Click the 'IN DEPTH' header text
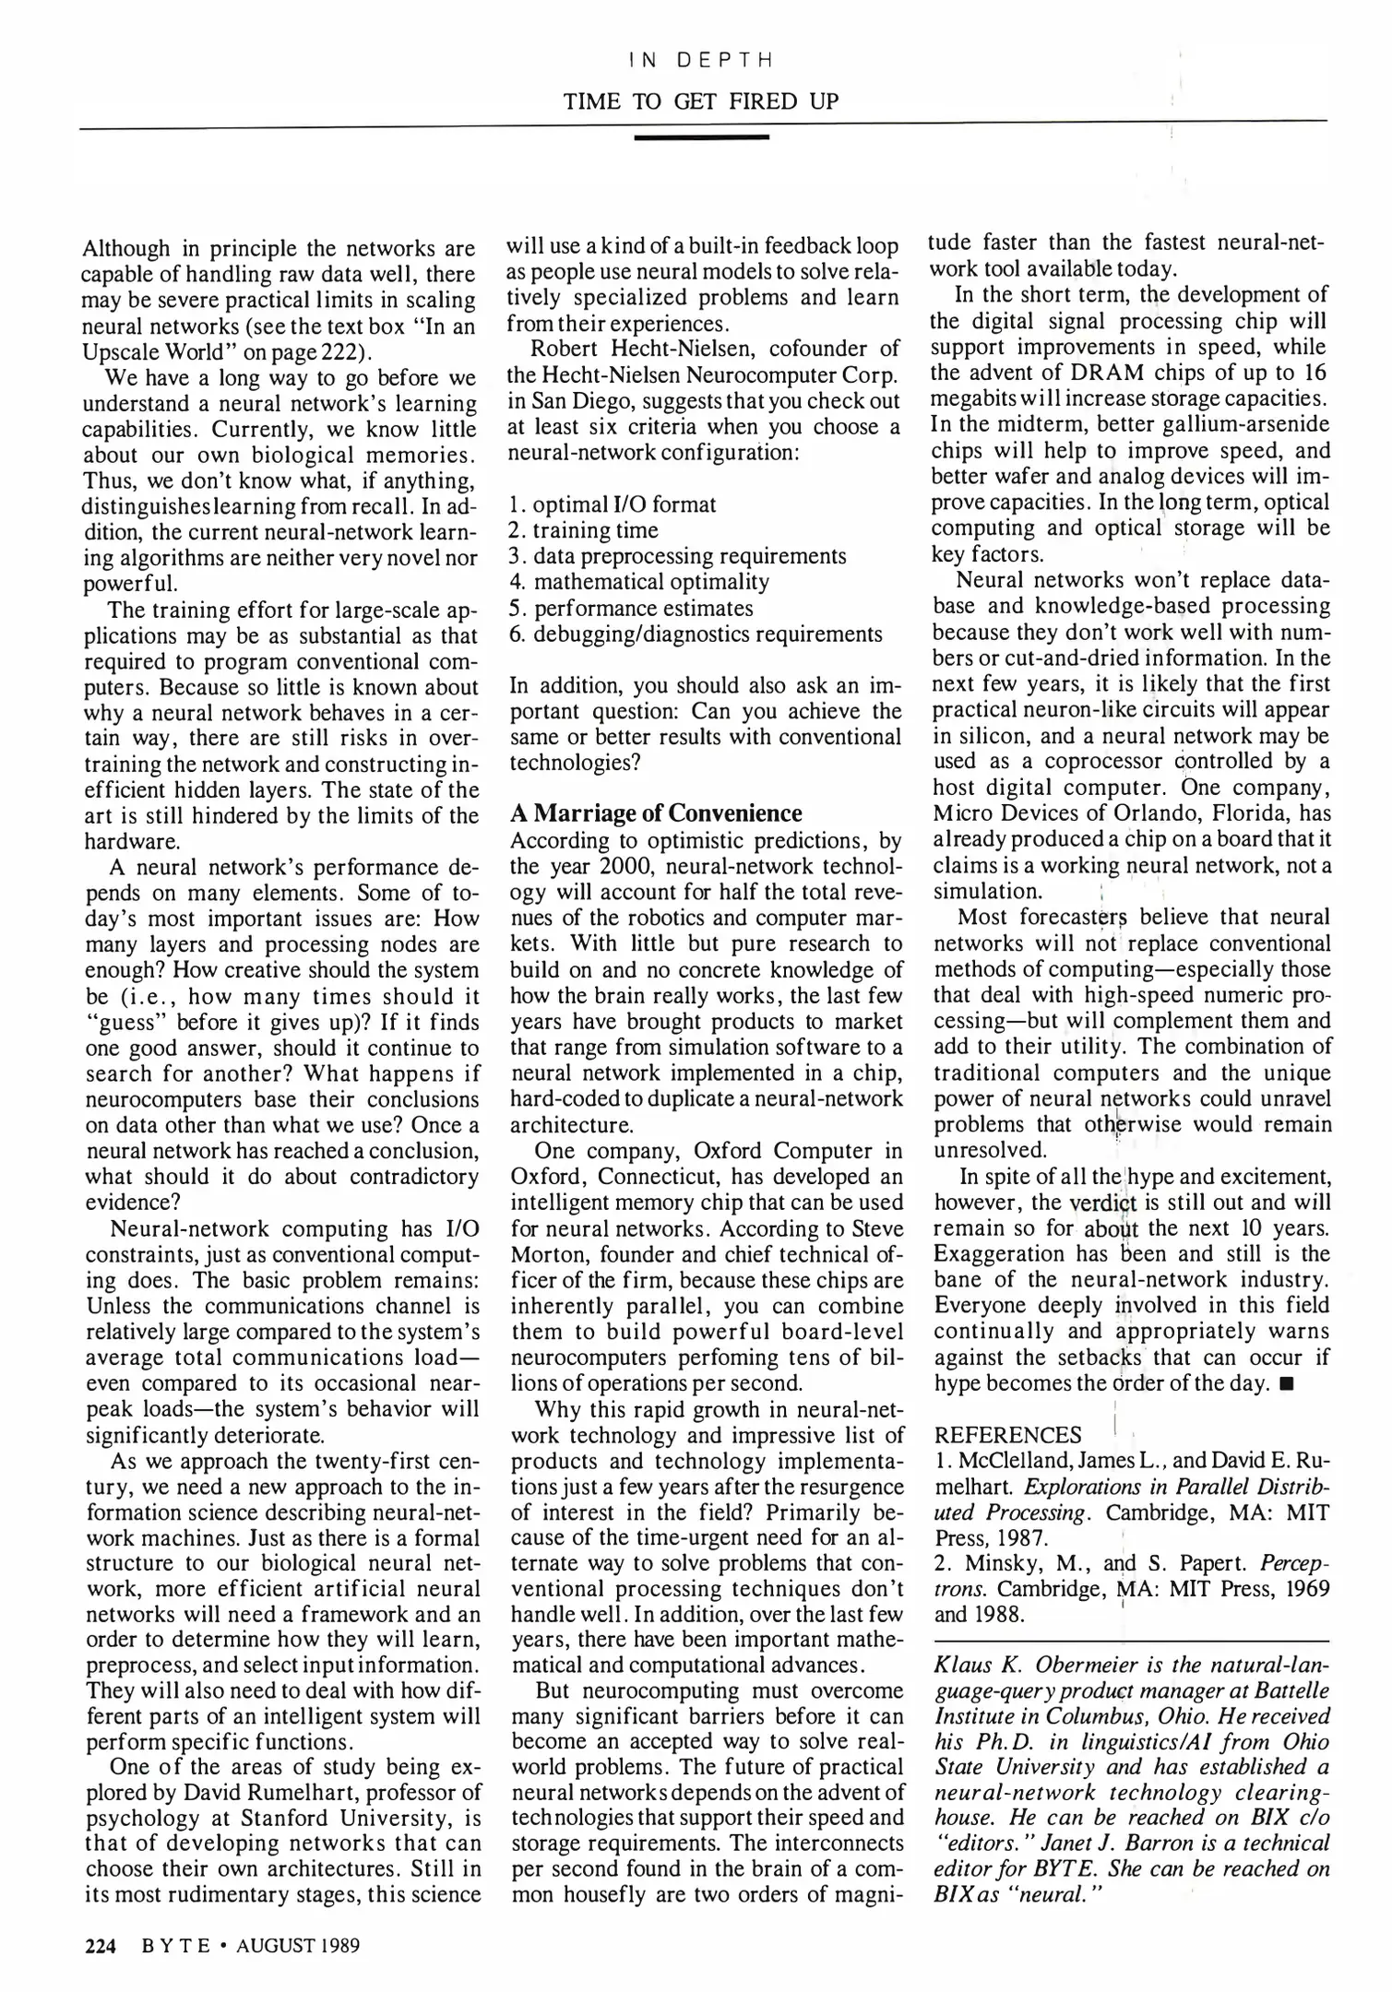[x=699, y=61]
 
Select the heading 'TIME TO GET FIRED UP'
[x=701, y=101]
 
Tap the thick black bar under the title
[x=702, y=138]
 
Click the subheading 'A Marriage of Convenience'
[x=656, y=813]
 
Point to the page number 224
[x=100, y=1947]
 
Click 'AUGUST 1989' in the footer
[x=297, y=1947]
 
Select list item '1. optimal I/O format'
[x=612, y=504]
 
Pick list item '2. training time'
[x=583, y=530]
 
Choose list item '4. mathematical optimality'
[x=638, y=582]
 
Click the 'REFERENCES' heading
[x=1007, y=1436]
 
